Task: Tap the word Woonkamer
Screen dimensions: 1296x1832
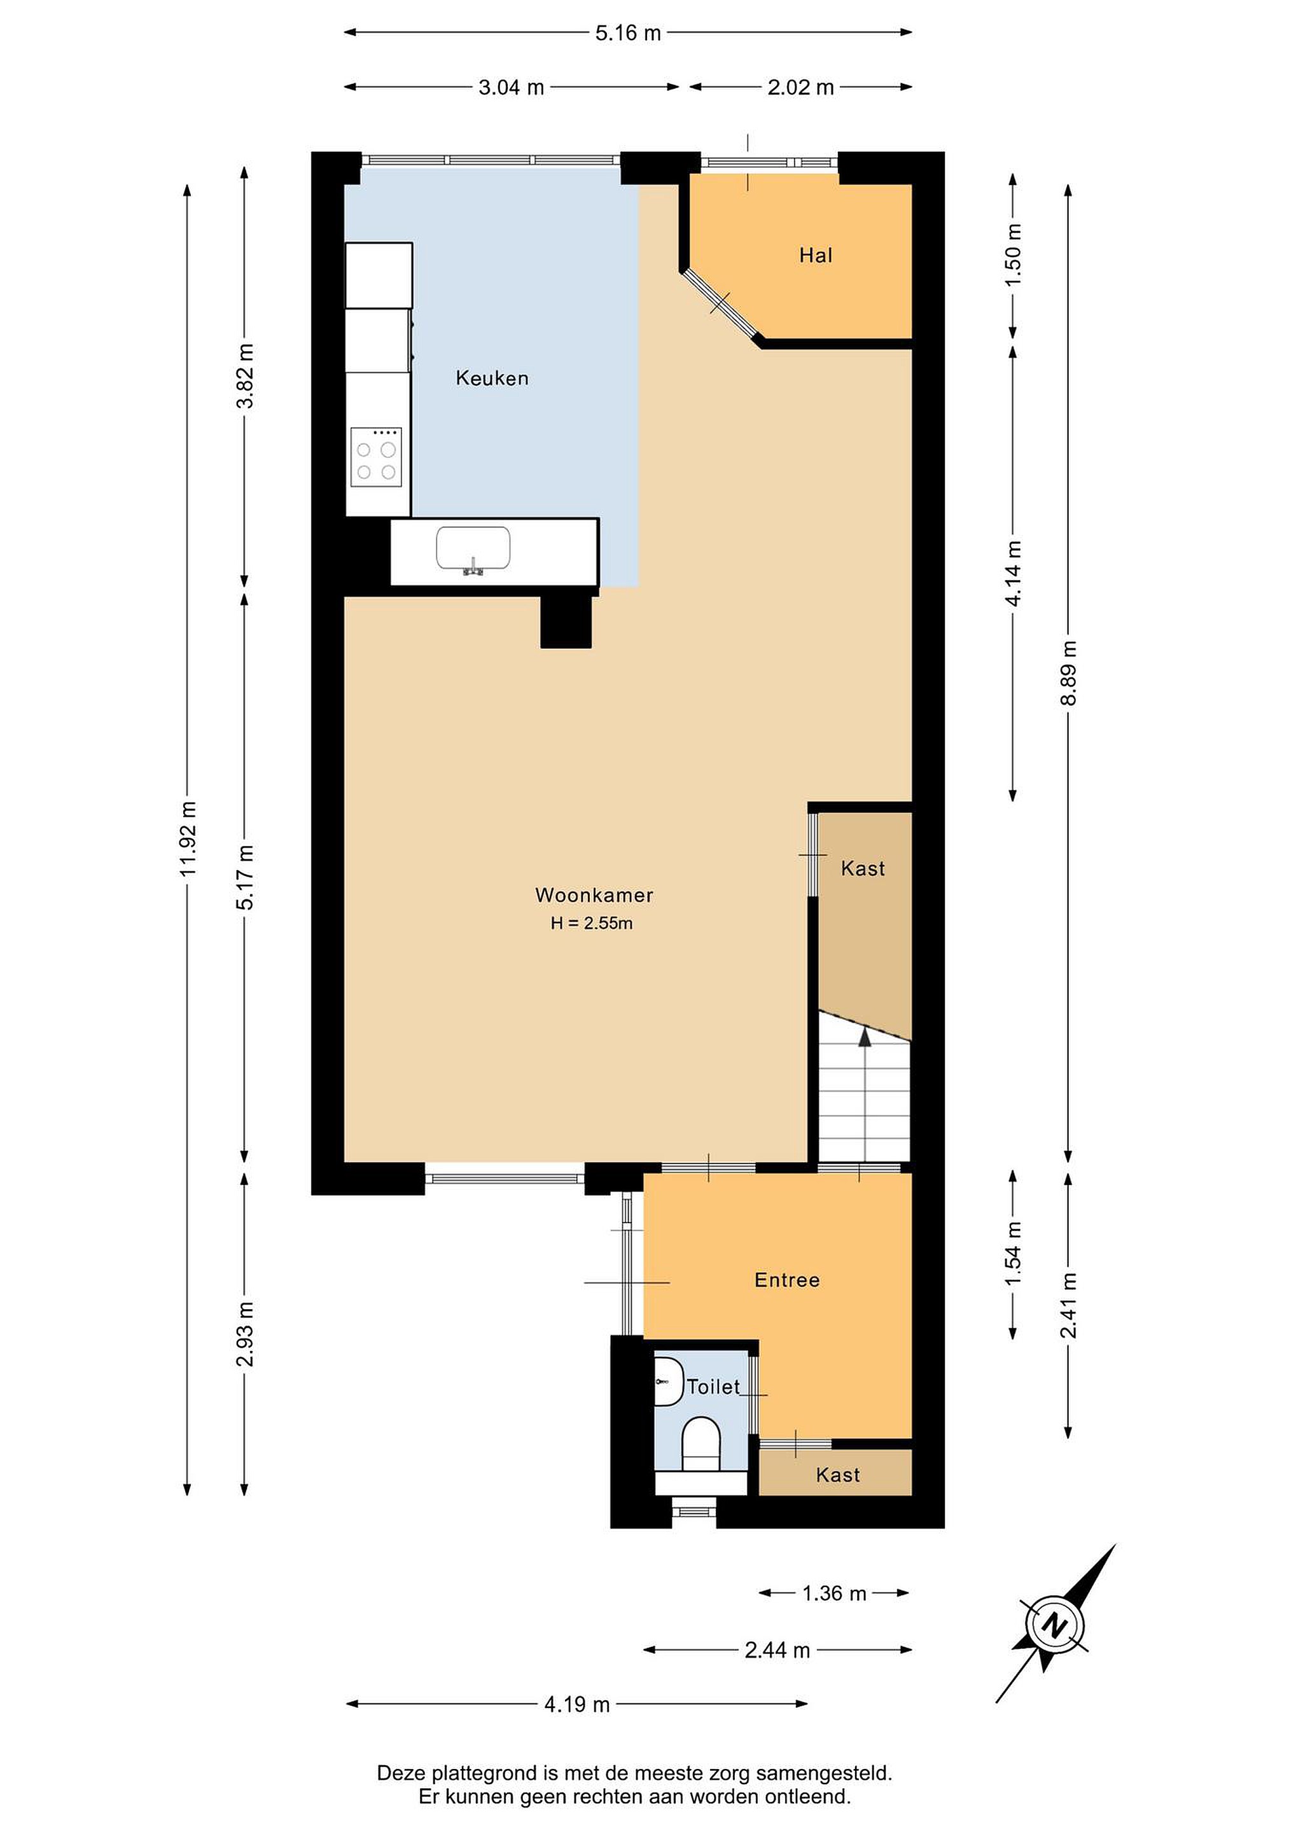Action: click(x=594, y=894)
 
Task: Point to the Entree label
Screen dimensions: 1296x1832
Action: click(x=787, y=1280)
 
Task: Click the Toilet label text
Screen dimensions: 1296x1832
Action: click(x=713, y=1387)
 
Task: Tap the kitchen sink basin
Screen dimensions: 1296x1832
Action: click(x=473, y=548)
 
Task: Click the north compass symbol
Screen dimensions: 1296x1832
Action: click(x=1055, y=1623)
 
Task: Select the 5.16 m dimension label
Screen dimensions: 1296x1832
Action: click(x=628, y=32)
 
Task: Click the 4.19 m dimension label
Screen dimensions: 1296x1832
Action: click(x=577, y=1704)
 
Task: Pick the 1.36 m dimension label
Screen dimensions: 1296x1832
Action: click(x=834, y=1593)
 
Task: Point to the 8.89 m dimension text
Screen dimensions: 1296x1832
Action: click(x=1069, y=672)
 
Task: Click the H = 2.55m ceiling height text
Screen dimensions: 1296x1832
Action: click(x=591, y=923)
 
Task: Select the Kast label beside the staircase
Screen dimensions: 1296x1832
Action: click(x=863, y=868)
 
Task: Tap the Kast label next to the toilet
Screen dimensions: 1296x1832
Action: click(x=838, y=1475)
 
